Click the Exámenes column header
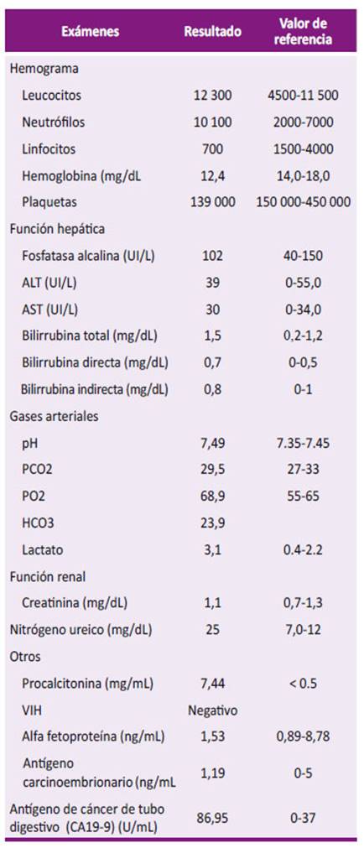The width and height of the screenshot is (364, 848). click(x=91, y=32)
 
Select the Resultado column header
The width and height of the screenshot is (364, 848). click(x=212, y=32)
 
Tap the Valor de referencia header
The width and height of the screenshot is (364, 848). click(x=303, y=32)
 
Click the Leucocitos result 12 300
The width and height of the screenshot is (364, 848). click(x=212, y=96)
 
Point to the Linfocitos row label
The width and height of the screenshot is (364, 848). click(x=49, y=148)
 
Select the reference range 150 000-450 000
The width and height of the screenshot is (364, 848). click(x=303, y=202)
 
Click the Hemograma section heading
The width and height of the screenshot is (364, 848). click(x=44, y=70)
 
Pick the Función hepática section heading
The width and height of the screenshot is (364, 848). click(x=57, y=229)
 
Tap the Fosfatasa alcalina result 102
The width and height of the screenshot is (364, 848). click(x=212, y=255)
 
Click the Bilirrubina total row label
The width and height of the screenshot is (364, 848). click(x=90, y=336)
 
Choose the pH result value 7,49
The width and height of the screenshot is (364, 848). click(x=212, y=444)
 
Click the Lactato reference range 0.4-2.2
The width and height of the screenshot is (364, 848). click(x=303, y=550)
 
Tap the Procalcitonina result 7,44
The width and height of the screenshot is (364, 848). click(x=212, y=684)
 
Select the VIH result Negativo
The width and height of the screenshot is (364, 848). click(x=212, y=710)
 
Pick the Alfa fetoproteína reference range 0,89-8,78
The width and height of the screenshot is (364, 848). click(x=303, y=736)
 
